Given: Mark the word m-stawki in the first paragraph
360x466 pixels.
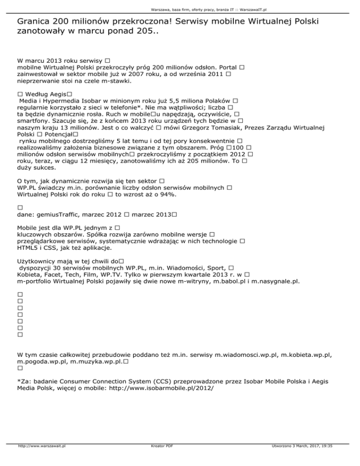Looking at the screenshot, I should pyautogui.click(x=116, y=81).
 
